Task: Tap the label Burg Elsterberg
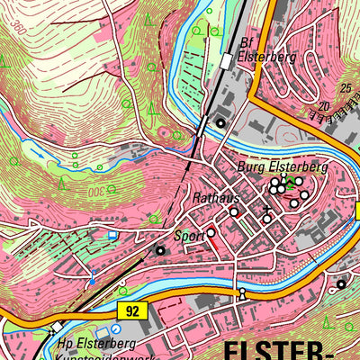click(x=282, y=167)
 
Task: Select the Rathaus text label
click(x=212, y=196)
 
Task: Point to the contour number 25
click(x=346, y=87)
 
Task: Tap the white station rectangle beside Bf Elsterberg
click(x=224, y=60)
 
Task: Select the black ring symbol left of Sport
click(x=160, y=250)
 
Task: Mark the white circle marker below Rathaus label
click(x=233, y=212)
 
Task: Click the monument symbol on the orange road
click(x=241, y=295)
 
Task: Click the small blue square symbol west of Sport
click(x=112, y=234)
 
